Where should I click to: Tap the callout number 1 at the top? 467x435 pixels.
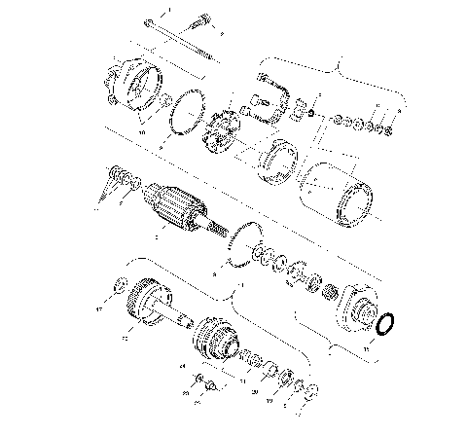(x=166, y=9)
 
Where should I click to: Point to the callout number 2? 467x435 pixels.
(x=221, y=34)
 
